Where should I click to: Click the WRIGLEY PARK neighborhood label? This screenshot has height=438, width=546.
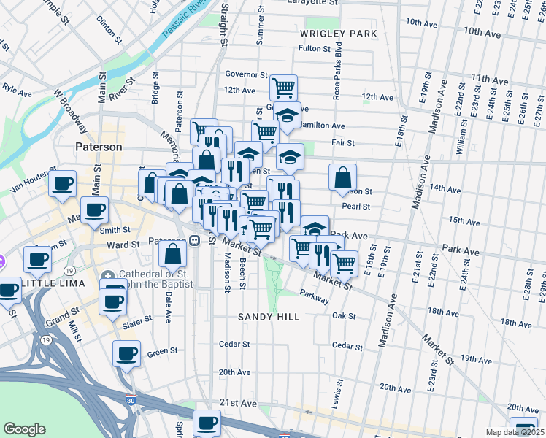click(x=338, y=34)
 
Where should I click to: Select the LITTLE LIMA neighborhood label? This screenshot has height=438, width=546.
click(x=53, y=283)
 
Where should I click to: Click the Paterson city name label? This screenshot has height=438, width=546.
click(x=99, y=147)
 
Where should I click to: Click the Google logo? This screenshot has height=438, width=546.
click(x=24, y=429)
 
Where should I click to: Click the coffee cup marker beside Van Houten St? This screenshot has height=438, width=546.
click(x=64, y=182)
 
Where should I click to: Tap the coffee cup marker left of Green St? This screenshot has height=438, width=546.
click(x=126, y=354)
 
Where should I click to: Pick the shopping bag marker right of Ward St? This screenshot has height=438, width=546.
click(x=173, y=254)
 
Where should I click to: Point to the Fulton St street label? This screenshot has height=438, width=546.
click(x=315, y=49)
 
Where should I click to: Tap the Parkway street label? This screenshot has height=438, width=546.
click(x=314, y=299)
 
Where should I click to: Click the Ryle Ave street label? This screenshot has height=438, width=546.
click(x=18, y=93)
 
